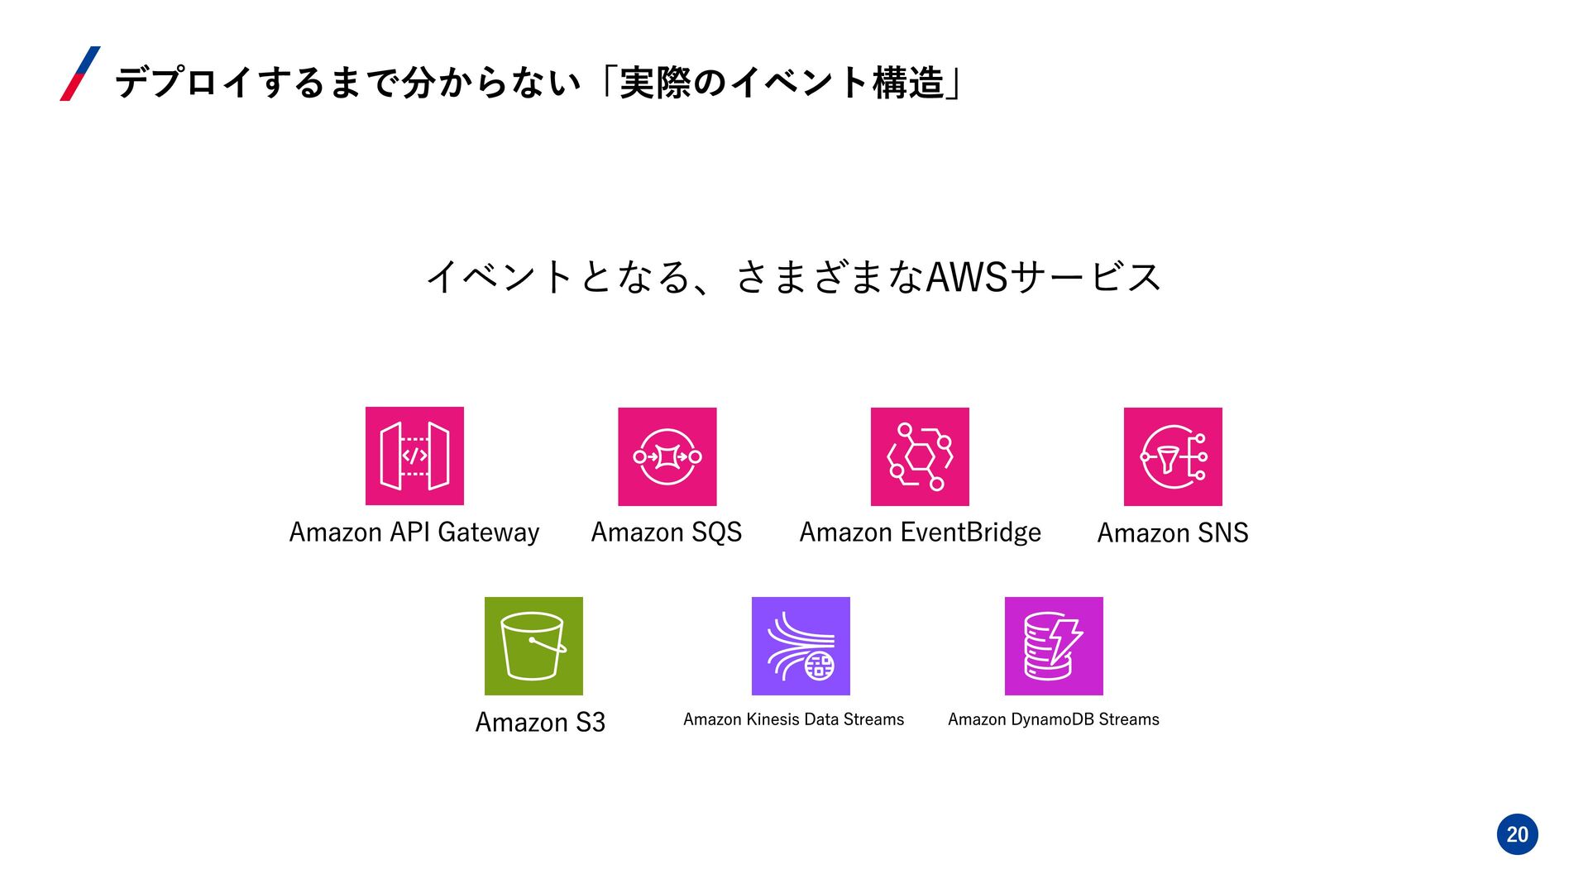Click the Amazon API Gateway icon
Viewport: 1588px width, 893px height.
pos(414,456)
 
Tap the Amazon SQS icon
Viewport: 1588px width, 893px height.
pos(667,456)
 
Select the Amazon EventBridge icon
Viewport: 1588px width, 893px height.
pos(920,456)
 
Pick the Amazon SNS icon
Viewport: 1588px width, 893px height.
pos(1172,456)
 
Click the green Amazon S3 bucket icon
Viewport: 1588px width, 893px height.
pos(533,646)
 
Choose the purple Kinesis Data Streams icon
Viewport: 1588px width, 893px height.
pos(801,646)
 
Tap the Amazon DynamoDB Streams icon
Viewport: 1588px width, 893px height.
pos(1053,646)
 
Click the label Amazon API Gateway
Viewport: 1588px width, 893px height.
pos(414,532)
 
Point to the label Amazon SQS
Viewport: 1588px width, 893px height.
pos(667,532)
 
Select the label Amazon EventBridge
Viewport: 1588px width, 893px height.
pos(920,532)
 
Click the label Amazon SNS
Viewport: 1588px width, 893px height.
pos(1172,533)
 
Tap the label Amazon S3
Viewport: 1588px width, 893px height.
pos(540,723)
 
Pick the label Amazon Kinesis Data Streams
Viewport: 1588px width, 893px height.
pos(793,719)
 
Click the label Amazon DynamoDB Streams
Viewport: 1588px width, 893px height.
pos(1053,719)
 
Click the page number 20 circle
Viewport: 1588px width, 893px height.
pos(1517,834)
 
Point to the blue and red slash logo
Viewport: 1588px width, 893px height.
pos(80,74)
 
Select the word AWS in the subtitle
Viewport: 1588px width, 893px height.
pos(967,277)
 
